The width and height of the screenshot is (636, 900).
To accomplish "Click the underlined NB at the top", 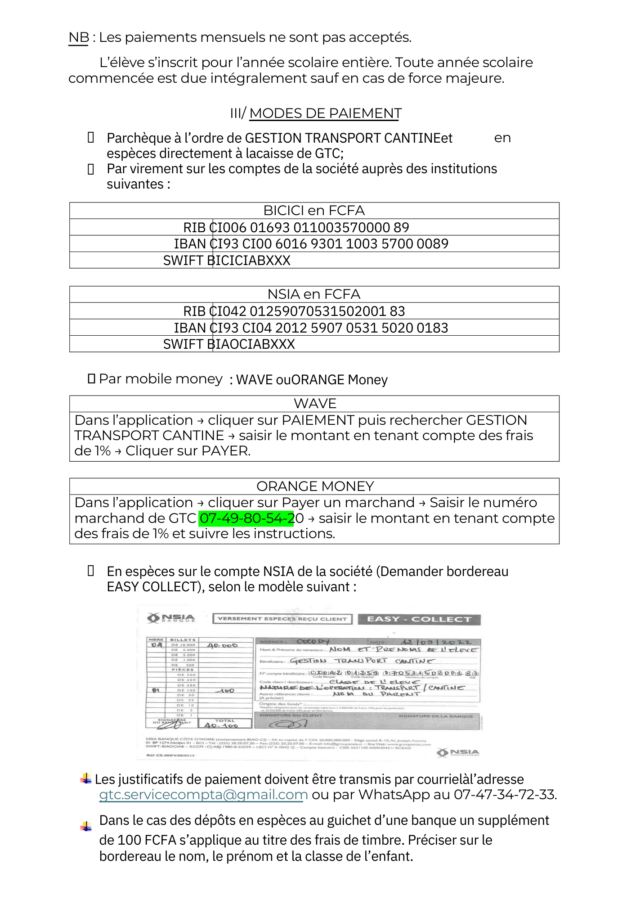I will [x=79, y=37].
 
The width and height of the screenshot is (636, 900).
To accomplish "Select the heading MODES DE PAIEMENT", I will [x=325, y=113].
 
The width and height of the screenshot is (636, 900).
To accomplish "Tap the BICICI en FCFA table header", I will [x=314, y=211].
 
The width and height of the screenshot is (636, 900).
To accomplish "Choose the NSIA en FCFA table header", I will [x=314, y=294].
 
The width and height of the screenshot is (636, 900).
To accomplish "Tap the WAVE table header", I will [x=315, y=404].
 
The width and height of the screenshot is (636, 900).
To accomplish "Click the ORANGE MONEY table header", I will [x=315, y=486].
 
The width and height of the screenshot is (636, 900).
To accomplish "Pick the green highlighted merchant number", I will [x=246, y=518].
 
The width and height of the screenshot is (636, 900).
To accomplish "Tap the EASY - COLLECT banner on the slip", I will [x=419, y=619].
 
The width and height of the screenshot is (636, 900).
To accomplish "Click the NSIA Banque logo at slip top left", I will [x=171, y=618].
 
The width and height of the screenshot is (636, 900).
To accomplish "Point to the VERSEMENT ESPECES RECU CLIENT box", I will [x=282, y=619].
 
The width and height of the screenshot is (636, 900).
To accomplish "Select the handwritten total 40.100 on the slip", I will [x=221, y=725].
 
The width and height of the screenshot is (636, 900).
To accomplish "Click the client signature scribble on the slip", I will [x=288, y=724].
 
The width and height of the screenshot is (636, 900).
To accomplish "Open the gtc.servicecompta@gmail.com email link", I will [x=203, y=795].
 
